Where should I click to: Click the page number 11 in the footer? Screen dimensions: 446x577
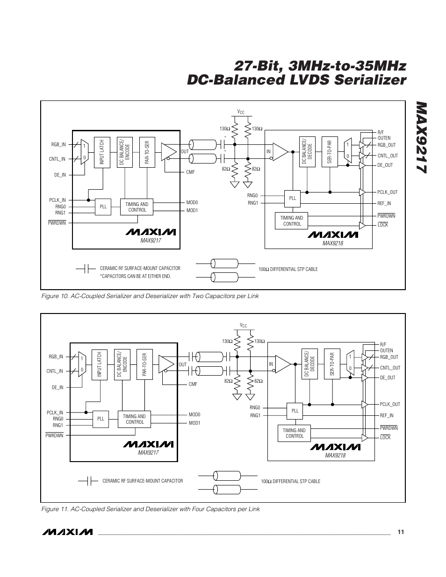point(401,532)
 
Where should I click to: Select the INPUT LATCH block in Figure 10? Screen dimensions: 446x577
point(102,152)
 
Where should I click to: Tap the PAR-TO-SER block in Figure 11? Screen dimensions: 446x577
point(144,364)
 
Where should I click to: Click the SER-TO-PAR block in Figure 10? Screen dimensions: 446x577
point(330,152)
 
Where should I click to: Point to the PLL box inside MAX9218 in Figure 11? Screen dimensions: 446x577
point(295,411)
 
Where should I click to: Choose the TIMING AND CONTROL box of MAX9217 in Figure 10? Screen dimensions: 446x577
point(137,207)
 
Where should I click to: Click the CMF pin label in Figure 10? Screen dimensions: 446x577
point(190,172)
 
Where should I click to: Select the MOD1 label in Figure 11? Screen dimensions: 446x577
point(194,423)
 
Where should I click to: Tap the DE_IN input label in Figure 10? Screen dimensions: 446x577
point(60,175)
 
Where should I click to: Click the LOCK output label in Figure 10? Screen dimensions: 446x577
point(383,225)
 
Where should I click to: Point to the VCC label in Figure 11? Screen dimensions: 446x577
point(243,325)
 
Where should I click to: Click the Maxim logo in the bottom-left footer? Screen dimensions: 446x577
point(67,532)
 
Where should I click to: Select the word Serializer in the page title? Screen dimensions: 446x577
point(370,80)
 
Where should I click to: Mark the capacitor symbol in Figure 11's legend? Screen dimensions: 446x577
point(89,481)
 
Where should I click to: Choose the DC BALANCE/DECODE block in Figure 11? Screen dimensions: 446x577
point(309,364)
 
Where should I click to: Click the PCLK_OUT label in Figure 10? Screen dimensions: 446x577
point(388,192)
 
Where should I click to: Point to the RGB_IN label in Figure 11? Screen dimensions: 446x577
point(56,356)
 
